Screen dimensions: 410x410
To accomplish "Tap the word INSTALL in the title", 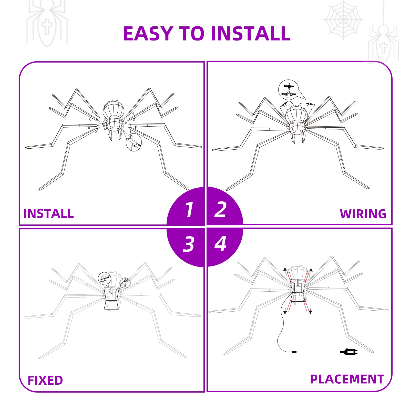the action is [x=251, y=34].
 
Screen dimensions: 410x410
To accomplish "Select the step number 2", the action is [x=221, y=209].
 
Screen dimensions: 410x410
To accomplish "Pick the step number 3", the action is [x=189, y=244].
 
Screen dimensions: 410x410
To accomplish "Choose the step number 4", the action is [x=220, y=244].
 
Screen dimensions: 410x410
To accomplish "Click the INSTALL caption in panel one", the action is [x=48, y=214].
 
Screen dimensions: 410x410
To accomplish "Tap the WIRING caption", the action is [x=363, y=214].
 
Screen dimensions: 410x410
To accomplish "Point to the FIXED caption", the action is [x=45, y=380].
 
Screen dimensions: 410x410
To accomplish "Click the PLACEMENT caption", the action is [x=347, y=379].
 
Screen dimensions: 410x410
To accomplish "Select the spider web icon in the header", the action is [x=343, y=20].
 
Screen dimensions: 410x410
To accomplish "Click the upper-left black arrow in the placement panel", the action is [x=285, y=271].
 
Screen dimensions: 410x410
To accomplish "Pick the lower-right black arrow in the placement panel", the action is [x=310, y=311].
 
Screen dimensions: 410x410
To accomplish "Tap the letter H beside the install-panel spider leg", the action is [x=132, y=114].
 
